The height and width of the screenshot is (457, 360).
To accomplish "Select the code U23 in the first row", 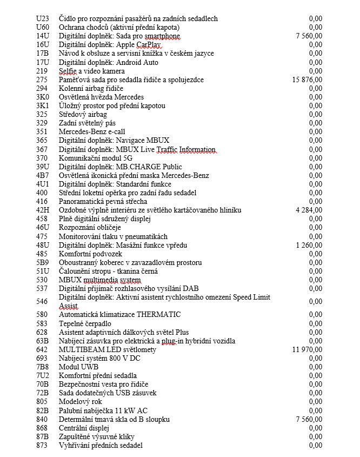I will [x=42, y=18].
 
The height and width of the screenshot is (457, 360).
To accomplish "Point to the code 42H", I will [x=43, y=210].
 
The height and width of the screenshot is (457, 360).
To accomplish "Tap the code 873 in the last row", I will [x=42, y=445].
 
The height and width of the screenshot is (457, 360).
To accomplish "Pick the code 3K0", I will [x=42, y=97].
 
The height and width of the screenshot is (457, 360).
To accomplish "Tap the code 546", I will [x=42, y=301].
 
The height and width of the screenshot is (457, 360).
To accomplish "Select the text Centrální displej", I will [x=84, y=428].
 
